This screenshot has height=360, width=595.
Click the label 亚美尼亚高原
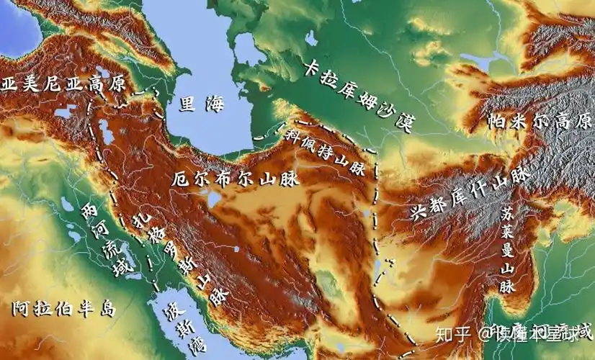point(63,83)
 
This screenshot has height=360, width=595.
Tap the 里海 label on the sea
point(202,105)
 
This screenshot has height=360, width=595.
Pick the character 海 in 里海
point(215,105)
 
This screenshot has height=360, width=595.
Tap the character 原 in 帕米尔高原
point(582,119)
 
